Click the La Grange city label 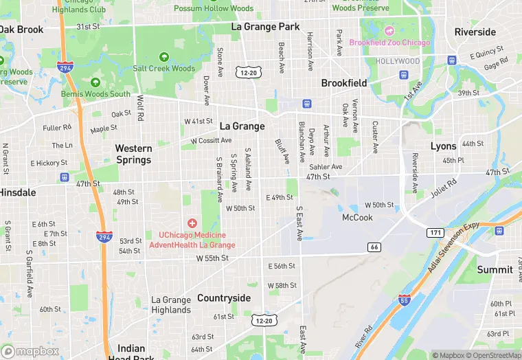[x=242, y=126]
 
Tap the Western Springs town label [x=133, y=154]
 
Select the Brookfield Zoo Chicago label [x=389, y=43]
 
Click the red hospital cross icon [x=192, y=223]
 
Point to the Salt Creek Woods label [x=164, y=68]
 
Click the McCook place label [x=357, y=217]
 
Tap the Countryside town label [x=224, y=298]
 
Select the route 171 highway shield [x=434, y=233]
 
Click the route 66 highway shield [x=374, y=247]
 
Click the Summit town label [x=495, y=269]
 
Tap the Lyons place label [x=443, y=146]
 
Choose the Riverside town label [x=475, y=32]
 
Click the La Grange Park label [x=265, y=27]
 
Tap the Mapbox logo [x=30, y=350]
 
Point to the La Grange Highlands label [x=171, y=305]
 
